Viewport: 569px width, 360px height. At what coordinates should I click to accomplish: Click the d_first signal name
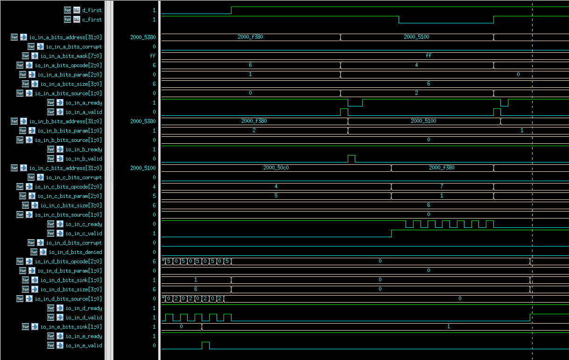tap(91, 10)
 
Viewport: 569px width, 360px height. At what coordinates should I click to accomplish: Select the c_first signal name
tap(91, 20)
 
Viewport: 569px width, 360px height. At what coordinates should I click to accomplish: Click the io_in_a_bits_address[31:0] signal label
tap(65, 37)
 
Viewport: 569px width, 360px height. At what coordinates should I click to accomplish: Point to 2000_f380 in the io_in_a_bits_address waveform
tap(250, 37)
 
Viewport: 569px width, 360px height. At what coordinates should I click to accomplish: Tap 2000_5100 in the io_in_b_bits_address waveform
tap(423, 121)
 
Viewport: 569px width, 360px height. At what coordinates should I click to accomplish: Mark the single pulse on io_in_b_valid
tap(351, 158)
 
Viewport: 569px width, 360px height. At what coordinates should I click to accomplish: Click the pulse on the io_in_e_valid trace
tap(205, 345)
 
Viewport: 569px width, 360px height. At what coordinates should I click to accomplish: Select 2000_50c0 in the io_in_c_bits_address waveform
tap(275, 168)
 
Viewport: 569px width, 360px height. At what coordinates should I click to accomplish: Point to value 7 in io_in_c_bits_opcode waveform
tap(442, 186)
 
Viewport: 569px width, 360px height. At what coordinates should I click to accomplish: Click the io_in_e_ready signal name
tap(84, 336)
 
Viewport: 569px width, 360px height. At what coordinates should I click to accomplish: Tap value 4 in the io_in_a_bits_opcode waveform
tap(416, 65)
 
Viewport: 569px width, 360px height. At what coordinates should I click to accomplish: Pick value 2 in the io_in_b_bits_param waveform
tap(254, 130)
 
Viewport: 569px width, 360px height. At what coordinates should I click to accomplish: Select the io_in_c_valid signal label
tap(84, 233)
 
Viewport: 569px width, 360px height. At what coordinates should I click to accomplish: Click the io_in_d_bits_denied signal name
tap(75, 252)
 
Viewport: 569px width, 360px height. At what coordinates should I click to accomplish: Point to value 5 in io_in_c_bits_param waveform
tap(276, 196)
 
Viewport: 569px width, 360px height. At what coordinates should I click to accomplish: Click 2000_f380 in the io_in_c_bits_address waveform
tap(442, 168)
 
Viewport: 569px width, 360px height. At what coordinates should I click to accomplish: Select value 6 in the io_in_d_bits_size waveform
tap(196, 289)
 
